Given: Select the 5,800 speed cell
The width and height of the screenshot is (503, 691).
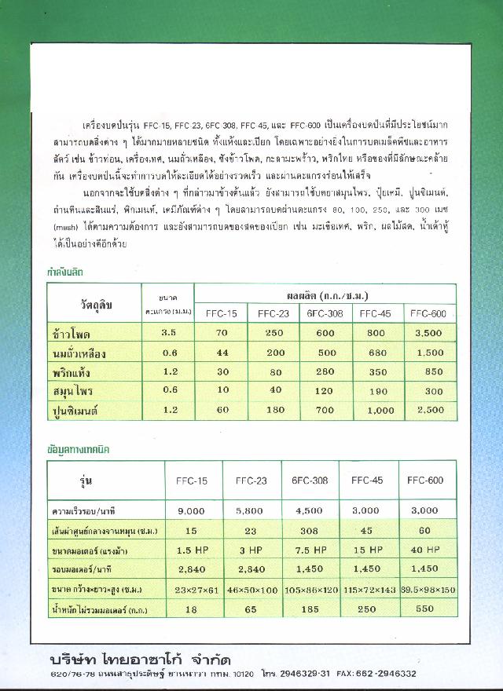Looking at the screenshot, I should [249, 510].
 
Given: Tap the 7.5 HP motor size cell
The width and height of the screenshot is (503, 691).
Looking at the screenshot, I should [308, 549].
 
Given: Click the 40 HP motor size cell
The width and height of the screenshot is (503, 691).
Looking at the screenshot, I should [425, 549].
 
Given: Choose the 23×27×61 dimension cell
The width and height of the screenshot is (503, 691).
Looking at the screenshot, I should [192, 588].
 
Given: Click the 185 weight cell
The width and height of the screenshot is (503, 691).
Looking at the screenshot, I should [308, 608].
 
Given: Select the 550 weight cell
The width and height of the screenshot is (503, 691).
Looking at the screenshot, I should [425, 608].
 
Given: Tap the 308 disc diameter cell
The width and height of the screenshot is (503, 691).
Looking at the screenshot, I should [308, 530].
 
